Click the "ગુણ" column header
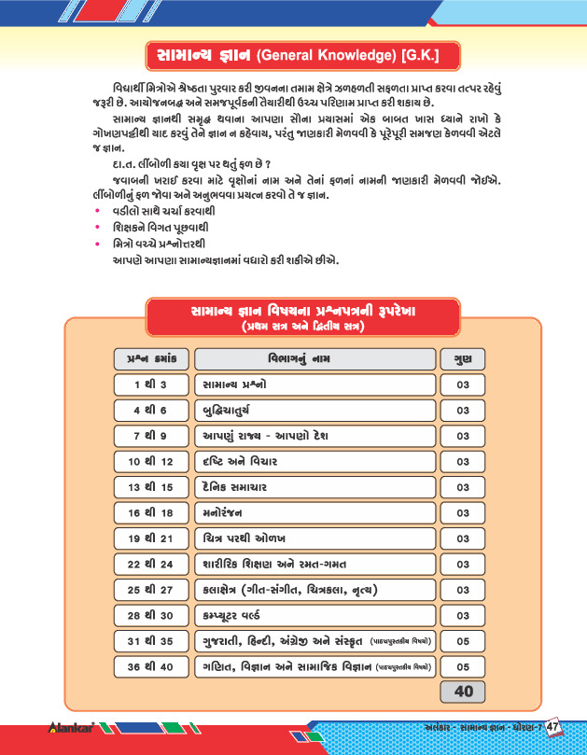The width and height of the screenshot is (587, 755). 462,358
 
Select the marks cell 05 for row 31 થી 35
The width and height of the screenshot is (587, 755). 462,641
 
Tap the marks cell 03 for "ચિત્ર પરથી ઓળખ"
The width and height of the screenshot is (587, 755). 462,538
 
